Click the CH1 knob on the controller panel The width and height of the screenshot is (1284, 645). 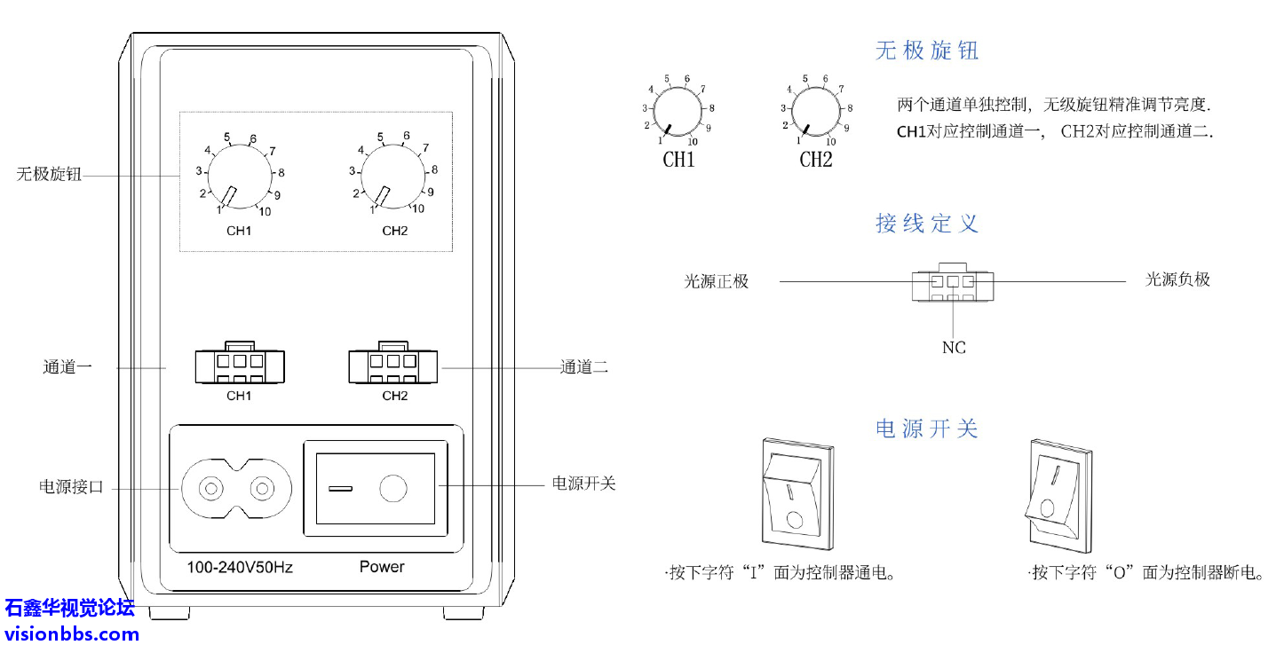pyautogui.click(x=237, y=176)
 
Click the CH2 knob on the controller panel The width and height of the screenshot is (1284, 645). pyautogui.click(x=392, y=176)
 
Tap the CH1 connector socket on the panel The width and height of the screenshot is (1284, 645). pyautogui.click(x=240, y=364)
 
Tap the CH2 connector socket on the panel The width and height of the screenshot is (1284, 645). pyautogui.click(x=394, y=364)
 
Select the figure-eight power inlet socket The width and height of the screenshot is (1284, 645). pyautogui.click(x=236, y=489)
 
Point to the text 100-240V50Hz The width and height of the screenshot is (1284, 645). pyautogui.click(x=239, y=567)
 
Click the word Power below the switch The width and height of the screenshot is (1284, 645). pyautogui.click(x=382, y=566)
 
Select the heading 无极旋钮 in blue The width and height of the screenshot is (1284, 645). pyautogui.click(x=926, y=51)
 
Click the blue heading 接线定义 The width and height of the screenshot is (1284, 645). pyautogui.click(x=926, y=223)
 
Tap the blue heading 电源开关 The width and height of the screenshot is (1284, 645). pyautogui.click(x=926, y=429)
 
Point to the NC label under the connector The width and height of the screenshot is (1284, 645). pyautogui.click(x=954, y=347)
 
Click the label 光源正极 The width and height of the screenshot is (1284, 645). pyautogui.click(x=716, y=281)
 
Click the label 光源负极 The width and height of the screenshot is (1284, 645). pyautogui.click(x=1177, y=279)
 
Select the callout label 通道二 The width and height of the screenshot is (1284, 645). pyautogui.click(x=583, y=366)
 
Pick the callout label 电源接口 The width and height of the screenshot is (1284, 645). pyautogui.click(x=72, y=487)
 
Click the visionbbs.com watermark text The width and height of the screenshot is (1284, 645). pyautogui.click(x=70, y=633)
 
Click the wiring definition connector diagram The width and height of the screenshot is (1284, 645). pyautogui.click(x=953, y=283)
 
